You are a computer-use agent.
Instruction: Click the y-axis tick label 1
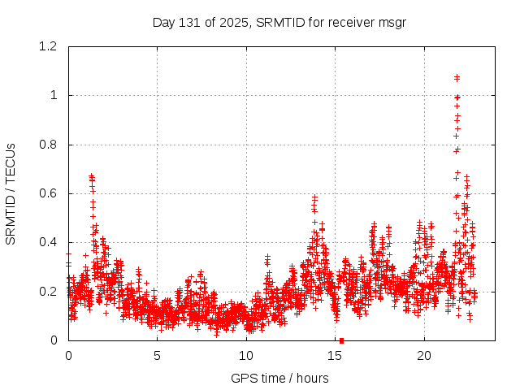(x=54, y=95)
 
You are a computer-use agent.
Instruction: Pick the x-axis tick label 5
(x=157, y=356)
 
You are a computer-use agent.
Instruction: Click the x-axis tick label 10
(x=246, y=356)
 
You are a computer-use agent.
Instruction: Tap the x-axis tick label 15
(x=336, y=356)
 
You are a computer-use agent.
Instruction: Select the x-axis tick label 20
(x=424, y=356)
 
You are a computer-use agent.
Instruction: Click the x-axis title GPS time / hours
(x=279, y=378)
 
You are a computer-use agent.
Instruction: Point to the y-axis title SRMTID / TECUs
(x=11, y=193)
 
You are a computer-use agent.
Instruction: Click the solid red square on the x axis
(x=341, y=340)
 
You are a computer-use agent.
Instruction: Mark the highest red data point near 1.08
(x=457, y=77)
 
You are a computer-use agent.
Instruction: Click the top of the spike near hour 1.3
(x=91, y=175)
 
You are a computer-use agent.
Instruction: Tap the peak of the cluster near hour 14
(x=314, y=197)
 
